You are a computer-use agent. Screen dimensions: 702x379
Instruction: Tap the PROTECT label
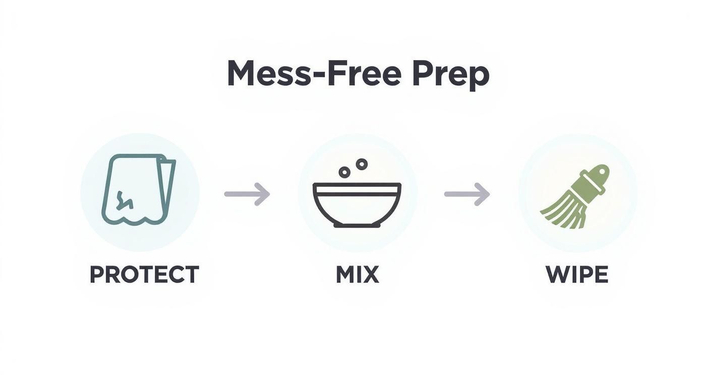point(144,275)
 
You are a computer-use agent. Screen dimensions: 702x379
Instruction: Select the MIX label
point(357,275)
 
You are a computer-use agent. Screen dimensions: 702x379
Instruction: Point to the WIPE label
point(576,275)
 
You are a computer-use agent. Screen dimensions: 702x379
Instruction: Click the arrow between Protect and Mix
point(247,194)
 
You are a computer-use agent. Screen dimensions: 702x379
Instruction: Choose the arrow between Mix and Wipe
point(467,194)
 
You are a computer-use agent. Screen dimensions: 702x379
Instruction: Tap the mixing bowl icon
point(357,204)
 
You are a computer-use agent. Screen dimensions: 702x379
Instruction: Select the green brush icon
point(575,197)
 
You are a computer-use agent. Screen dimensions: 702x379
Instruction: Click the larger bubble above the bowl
point(362,164)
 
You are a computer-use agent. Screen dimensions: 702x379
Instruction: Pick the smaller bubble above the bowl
point(344,172)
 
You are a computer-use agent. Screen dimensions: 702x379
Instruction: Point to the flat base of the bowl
point(357,225)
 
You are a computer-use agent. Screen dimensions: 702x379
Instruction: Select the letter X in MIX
point(371,275)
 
